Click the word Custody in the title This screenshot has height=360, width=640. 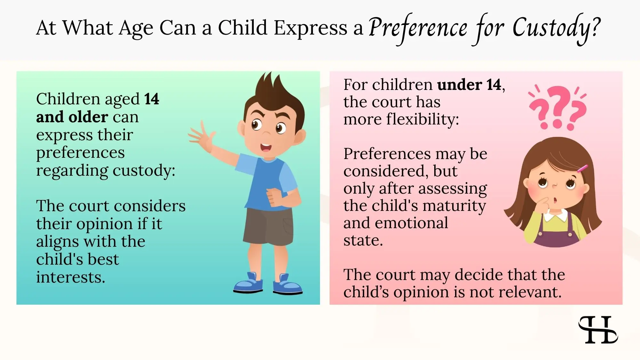click(556, 28)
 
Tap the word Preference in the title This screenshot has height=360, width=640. click(418, 28)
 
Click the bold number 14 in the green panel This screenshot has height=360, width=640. click(151, 99)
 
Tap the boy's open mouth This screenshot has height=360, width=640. click(266, 148)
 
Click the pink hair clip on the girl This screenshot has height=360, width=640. click(582, 168)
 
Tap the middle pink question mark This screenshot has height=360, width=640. click(558, 107)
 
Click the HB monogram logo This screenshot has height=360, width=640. click(598, 330)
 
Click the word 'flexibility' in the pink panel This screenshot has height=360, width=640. click(422, 119)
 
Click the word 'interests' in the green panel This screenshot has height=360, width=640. click(70, 277)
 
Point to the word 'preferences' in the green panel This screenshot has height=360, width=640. click(80, 153)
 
